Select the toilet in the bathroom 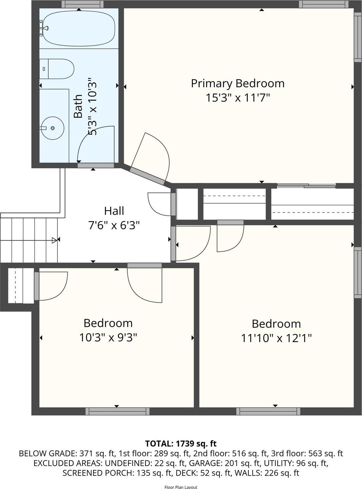(x=57, y=69)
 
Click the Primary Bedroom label (x=238, y=83)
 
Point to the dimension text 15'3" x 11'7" (x=238, y=98)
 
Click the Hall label (x=114, y=211)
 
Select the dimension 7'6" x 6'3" (x=114, y=225)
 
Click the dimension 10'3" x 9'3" (x=108, y=337)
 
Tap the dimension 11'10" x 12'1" (x=276, y=338)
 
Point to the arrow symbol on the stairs (x=54, y=240)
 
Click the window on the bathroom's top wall (x=82, y=4)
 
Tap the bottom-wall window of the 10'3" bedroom (x=117, y=411)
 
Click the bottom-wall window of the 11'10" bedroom (x=268, y=411)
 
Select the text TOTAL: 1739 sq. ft (x=181, y=444)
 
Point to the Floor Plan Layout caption (x=181, y=487)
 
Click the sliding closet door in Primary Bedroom (x=306, y=186)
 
